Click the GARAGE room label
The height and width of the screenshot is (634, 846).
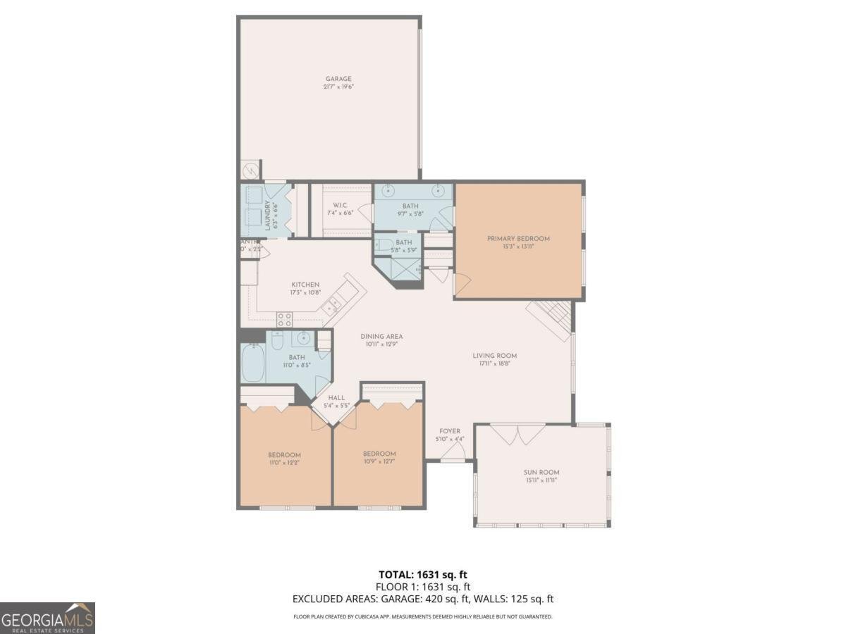338,79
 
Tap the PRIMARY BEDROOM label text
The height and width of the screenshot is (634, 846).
518,239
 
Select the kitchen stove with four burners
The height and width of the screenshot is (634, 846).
284,318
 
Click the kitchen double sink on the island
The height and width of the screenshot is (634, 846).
331,304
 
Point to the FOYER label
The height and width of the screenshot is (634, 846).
450,431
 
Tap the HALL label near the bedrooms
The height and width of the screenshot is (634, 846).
336,398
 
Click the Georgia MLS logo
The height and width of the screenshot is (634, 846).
47,618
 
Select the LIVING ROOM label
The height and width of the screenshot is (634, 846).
494,356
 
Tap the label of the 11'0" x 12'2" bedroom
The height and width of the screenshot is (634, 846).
284,454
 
